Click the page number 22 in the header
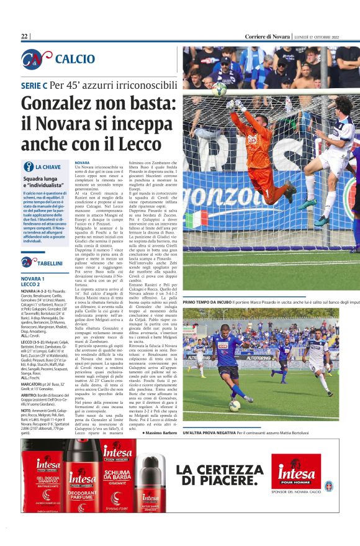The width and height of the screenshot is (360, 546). coord(24,37)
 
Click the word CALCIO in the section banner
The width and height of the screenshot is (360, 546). coord(75,59)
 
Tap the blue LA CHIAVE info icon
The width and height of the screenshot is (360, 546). coord(27,166)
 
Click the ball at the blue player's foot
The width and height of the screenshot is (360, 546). coord(235,405)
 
